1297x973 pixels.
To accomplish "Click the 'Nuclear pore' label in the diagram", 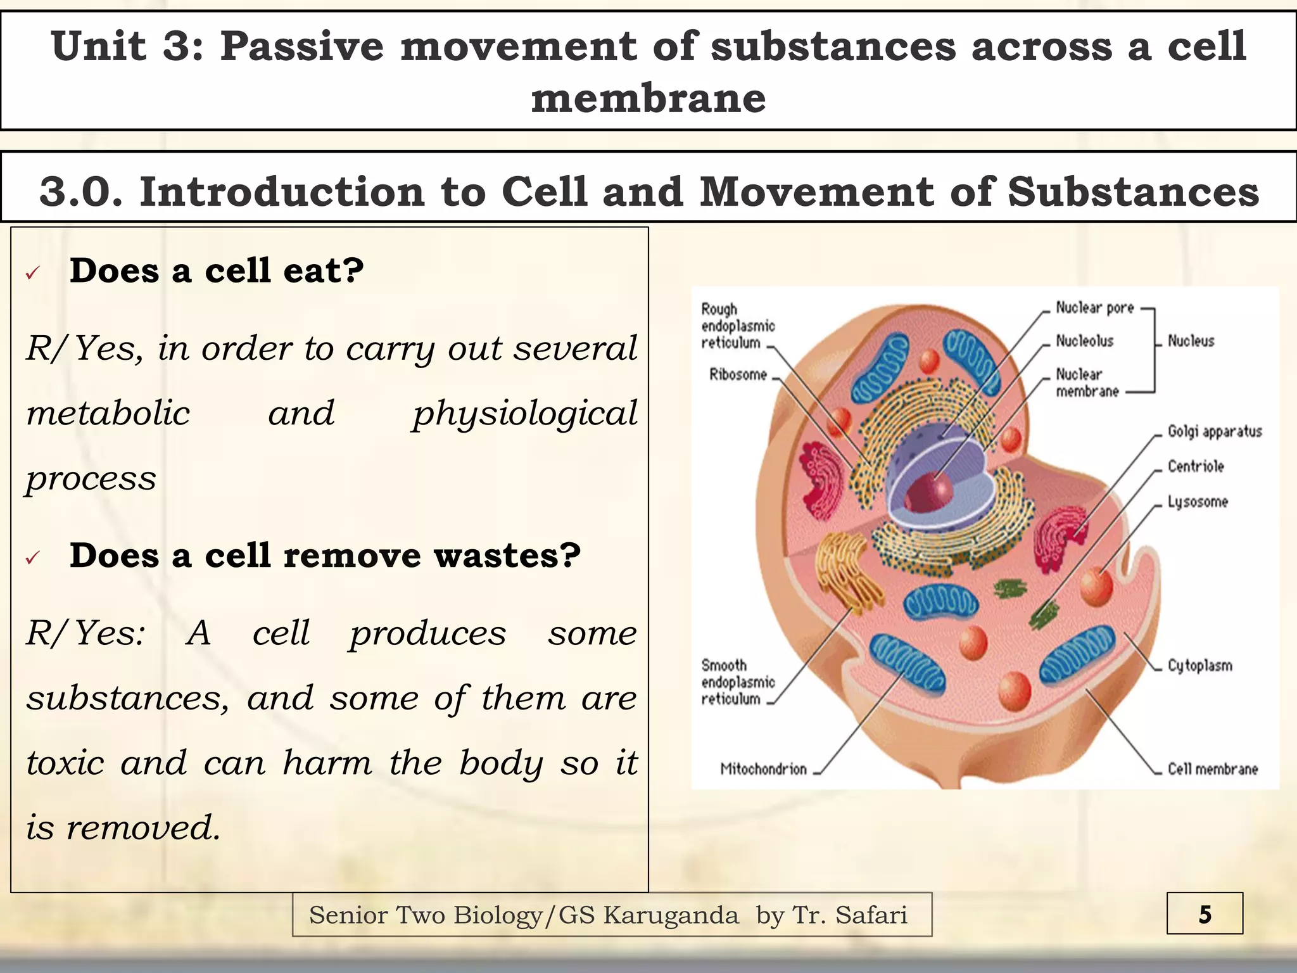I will (1094, 308).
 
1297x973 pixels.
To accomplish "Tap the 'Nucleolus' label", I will (1084, 341).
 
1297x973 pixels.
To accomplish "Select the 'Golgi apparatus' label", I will (1215, 432).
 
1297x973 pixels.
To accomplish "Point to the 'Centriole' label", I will (1196, 467).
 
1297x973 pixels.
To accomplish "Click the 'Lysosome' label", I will (1198, 502).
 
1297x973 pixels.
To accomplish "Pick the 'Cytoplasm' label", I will (1200, 666).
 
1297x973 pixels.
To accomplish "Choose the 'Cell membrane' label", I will (1213, 769).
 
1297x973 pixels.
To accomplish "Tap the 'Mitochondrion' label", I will (763, 769).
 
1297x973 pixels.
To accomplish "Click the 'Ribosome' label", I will (738, 374).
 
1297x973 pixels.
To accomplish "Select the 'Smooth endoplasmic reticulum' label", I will (738, 682).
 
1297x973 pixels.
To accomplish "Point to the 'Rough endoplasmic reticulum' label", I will (738, 326).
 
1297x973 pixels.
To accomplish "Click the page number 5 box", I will (1205, 914).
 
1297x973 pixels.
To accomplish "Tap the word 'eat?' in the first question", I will (324, 271).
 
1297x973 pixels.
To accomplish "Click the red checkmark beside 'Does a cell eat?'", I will (33, 273).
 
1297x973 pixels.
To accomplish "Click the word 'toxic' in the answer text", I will (65, 763).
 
